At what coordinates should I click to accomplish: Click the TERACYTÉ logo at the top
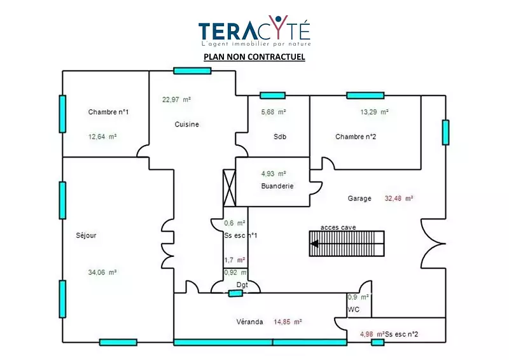tap(254, 32)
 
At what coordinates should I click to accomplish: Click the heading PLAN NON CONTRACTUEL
tap(254, 57)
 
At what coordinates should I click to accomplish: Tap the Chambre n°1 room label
tap(108, 113)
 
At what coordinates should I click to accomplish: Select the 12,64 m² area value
tap(102, 136)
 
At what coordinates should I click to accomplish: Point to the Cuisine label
tap(186, 125)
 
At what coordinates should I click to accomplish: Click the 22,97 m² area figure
tap(176, 99)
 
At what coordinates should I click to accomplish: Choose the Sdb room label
tap(280, 137)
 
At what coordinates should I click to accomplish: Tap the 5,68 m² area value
tap(274, 112)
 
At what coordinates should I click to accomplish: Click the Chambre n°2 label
tap(356, 137)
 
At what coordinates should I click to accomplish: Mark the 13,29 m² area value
tap(374, 112)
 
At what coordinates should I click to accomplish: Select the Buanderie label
tap(277, 186)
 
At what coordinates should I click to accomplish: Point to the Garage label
tap(359, 198)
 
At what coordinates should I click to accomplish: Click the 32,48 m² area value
tap(399, 198)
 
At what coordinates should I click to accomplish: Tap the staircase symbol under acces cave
tap(347, 243)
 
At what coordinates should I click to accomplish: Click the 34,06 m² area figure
tap(102, 272)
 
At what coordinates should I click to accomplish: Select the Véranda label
tap(249, 322)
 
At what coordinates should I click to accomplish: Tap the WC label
tap(354, 310)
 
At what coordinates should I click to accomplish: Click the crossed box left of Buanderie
tap(229, 186)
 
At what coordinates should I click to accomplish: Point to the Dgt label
tap(242, 285)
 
